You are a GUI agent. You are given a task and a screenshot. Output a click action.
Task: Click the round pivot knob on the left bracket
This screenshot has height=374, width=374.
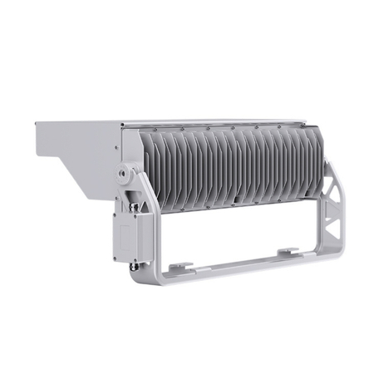click(x=125, y=175)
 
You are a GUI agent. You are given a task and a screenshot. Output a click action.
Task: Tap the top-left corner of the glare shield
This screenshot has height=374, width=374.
click(x=35, y=125)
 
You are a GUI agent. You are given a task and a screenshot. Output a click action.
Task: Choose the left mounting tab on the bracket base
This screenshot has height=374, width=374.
click(x=182, y=268)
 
